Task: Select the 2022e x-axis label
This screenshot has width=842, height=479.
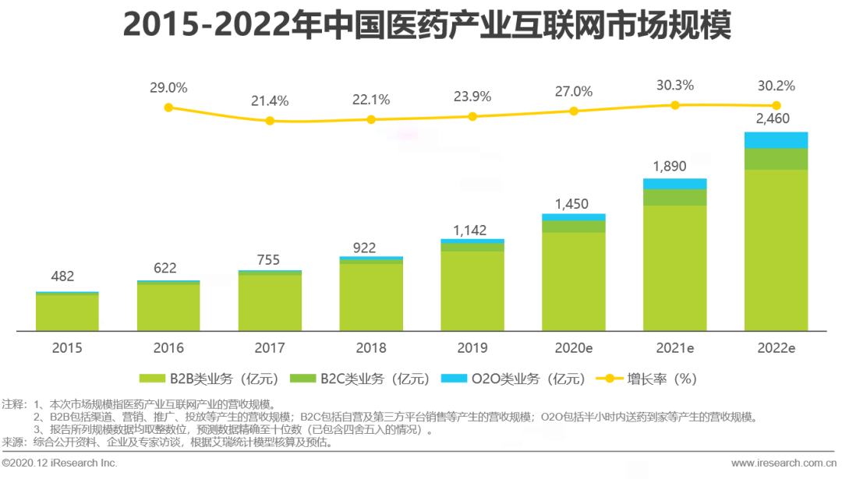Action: pyautogui.click(x=776, y=348)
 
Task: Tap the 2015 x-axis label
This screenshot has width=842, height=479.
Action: pyautogui.click(x=67, y=348)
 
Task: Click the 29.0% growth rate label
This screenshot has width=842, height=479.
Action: pyautogui.click(x=168, y=88)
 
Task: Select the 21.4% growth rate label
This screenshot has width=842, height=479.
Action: pyautogui.click(x=270, y=101)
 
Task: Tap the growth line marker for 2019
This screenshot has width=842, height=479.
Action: pyautogui.click(x=472, y=116)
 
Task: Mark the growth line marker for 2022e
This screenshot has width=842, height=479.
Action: pyautogui.click(x=776, y=105)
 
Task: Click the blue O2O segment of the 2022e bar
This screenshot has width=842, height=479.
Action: pyautogui.click(x=776, y=139)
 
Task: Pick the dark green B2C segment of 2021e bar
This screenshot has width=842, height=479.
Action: pyautogui.click(x=674, y=197)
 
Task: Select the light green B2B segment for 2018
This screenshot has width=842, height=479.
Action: pyautogui.click(x=371, y=296)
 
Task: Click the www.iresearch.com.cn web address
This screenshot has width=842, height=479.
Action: pyautogui.click(x=782, y=463)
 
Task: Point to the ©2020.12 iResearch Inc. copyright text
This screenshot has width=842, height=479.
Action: pyautogui.click(x=60, y=463)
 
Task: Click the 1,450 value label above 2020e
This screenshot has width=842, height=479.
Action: pyautogui.click(x=574, y=204)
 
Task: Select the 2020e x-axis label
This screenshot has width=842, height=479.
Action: pyautogui.click(x=574, y=348)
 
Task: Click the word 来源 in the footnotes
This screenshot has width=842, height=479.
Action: pyautogui.click(x=12, y=442)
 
